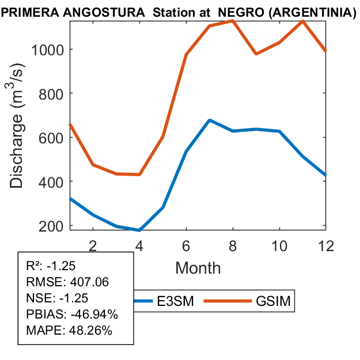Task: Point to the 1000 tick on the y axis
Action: [x=49, y=50]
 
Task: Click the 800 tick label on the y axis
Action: [x=52, y=93]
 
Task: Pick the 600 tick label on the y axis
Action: [x=52, y=138]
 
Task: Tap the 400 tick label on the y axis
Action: [x=52, y=181]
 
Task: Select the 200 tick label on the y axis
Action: [x=52, y=225]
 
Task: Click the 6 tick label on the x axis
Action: [x=186, y=245]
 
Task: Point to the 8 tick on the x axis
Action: [x=233, y=245]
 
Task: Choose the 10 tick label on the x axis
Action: [x=279, y=245]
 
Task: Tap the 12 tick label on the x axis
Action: [x=326, y=245]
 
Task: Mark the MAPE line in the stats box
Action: [x=69, y=331]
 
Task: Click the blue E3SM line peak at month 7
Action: [x=210, y=120]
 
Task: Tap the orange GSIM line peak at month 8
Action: [x=233, y=21]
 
